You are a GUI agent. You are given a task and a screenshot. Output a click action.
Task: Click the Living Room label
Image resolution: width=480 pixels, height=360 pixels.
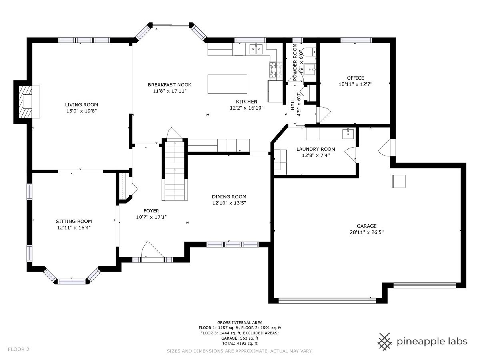(x=81, y=105)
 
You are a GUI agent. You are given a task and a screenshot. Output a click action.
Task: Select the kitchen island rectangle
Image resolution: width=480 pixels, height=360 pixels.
(x=227, y=84)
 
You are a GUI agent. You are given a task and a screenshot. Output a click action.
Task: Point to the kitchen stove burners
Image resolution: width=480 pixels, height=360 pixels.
(x=273, y=70)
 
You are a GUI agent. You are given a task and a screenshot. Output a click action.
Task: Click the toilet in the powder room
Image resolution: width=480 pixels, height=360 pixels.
(x=311, y=52)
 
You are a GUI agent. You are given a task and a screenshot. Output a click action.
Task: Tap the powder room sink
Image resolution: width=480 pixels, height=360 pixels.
(x=310, y=70)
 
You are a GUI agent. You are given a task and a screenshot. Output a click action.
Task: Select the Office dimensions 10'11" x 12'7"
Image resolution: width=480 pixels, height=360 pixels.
(x=355, y=84)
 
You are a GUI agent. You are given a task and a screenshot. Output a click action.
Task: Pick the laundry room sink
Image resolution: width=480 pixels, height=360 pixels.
(x=348, y=134)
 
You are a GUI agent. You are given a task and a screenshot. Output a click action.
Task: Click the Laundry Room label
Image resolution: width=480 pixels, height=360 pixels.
(x=316, y=149)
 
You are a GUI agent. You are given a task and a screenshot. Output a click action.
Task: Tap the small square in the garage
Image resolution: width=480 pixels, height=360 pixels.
(x=399, y=181)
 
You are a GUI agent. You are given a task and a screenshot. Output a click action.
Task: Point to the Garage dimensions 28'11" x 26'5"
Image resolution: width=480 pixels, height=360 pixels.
(x=366, y=232)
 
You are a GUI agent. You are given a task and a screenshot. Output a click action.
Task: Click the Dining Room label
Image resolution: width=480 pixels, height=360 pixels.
(x=229, y=197)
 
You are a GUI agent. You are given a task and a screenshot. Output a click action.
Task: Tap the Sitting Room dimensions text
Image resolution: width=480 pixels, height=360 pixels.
(x=74, y=228)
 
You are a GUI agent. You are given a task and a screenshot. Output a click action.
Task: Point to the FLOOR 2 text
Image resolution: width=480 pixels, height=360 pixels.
(x=18, y=349)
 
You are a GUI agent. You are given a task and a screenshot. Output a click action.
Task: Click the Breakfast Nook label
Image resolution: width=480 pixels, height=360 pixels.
(x=170, y=84)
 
